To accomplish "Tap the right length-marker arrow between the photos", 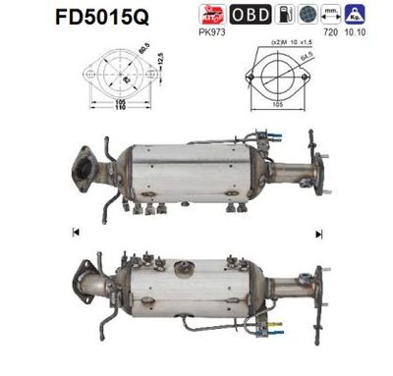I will (x=319, y=232).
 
